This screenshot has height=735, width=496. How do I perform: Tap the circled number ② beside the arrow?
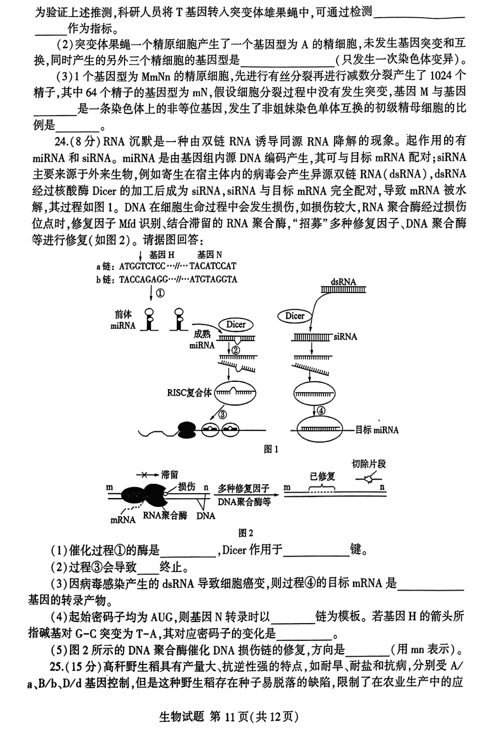click(236, 349)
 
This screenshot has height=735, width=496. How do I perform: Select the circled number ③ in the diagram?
click(223, 414)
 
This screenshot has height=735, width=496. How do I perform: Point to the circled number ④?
click(322, 411)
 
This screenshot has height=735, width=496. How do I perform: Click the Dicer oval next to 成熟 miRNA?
click(235, 325)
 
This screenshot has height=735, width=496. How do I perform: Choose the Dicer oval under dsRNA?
click(295, 316)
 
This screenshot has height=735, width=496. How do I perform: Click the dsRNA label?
click(343, 282)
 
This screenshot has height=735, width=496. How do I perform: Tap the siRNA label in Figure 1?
click(344, 336)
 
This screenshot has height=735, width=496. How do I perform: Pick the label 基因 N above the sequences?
click(210, 255)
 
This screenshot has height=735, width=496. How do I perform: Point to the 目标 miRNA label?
click(377, 430)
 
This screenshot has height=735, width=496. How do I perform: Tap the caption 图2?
click(245, 533)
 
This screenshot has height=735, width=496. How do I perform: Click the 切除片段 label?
click(369, 464)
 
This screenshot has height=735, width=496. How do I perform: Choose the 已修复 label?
click(322, 476)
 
